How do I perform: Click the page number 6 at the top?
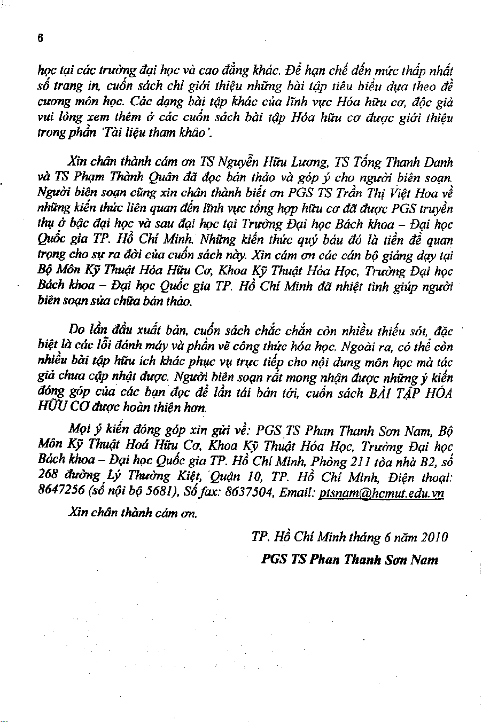tap(40, 38)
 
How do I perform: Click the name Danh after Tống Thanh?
tap(436, 162)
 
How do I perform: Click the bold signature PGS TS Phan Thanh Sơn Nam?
tap(349, 560)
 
